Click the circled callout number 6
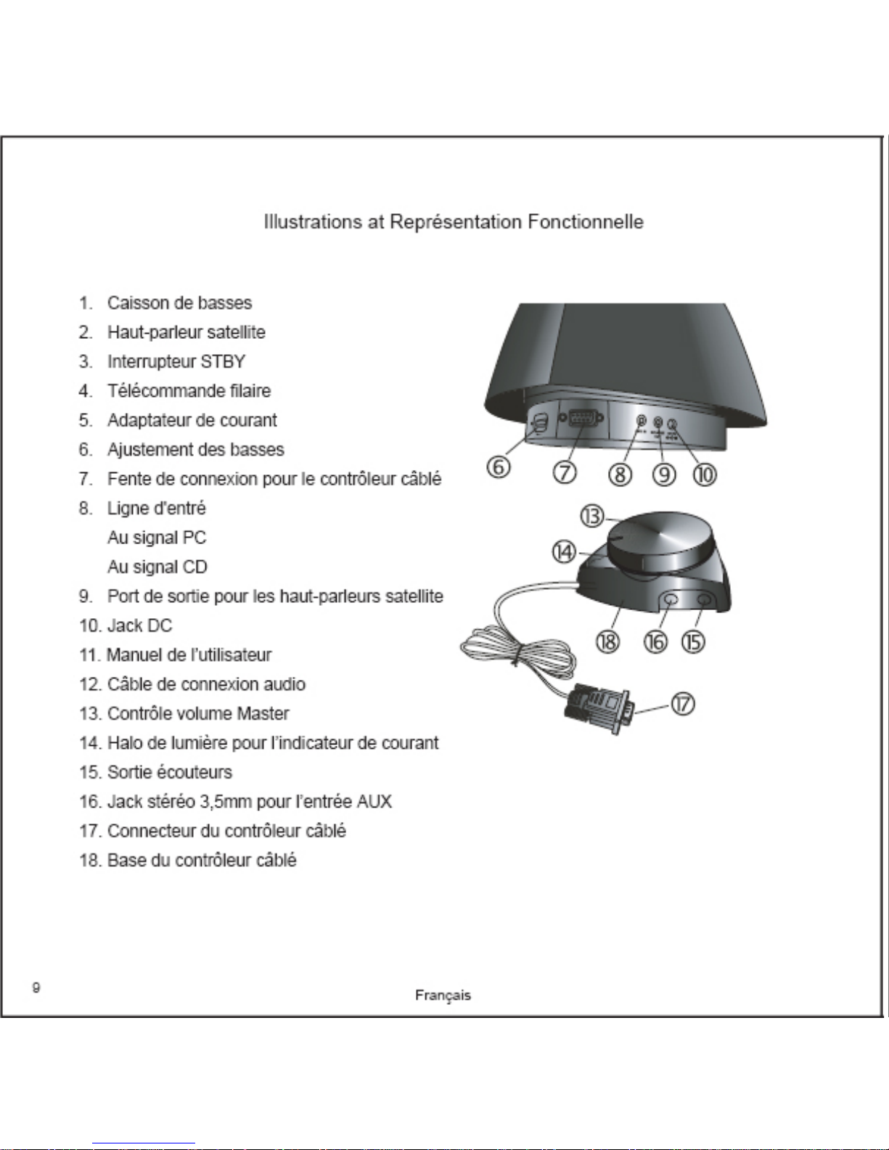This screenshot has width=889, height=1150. coord(499,467)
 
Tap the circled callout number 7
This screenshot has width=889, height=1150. coord(565,472)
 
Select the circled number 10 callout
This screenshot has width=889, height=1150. coord(705,475)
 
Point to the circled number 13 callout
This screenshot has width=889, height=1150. coord(591,516)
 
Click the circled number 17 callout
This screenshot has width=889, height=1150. coord(682,704)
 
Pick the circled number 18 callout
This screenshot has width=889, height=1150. coord(607,641)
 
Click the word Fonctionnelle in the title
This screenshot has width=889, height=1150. coord(585,221)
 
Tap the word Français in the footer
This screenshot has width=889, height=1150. coord(443,995)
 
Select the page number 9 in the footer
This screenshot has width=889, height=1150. coord(36,987)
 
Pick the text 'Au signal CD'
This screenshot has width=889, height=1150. coord(157,567)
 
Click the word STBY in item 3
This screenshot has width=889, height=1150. coord(223,361)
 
